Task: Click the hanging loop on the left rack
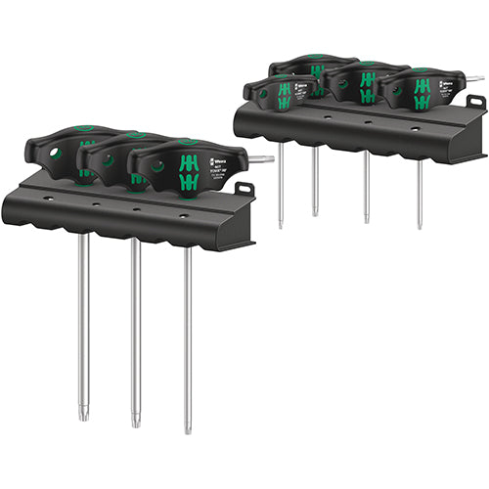pos(244,188)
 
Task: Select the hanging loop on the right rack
pos(475,102)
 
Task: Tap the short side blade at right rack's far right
pos(473,78)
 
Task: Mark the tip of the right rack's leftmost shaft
pos(280,224)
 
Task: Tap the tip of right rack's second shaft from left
pos(316,212)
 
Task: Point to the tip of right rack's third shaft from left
pos(368,219)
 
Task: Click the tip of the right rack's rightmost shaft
pos(421,226)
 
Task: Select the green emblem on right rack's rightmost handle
pos(422,93)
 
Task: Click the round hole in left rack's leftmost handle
pos(56,154)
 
